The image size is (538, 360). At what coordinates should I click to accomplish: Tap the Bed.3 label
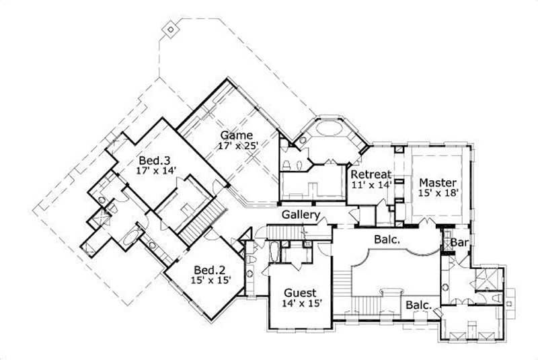(155, 161)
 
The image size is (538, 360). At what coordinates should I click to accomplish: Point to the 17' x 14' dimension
(155, 172)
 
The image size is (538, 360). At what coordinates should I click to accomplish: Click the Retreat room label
(371, 174)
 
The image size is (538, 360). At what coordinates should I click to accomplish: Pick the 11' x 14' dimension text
(371, 185)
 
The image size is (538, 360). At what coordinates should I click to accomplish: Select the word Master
(438, 182)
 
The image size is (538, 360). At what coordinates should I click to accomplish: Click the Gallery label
(300, 215)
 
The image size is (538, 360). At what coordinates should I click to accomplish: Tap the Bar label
(459, 242)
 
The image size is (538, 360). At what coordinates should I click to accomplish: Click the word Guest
(300, 293)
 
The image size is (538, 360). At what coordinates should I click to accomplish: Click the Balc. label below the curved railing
(418, 305)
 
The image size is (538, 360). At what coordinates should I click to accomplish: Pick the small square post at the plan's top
(170, 30)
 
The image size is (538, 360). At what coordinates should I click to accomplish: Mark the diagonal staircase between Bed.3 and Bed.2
(201, 223)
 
